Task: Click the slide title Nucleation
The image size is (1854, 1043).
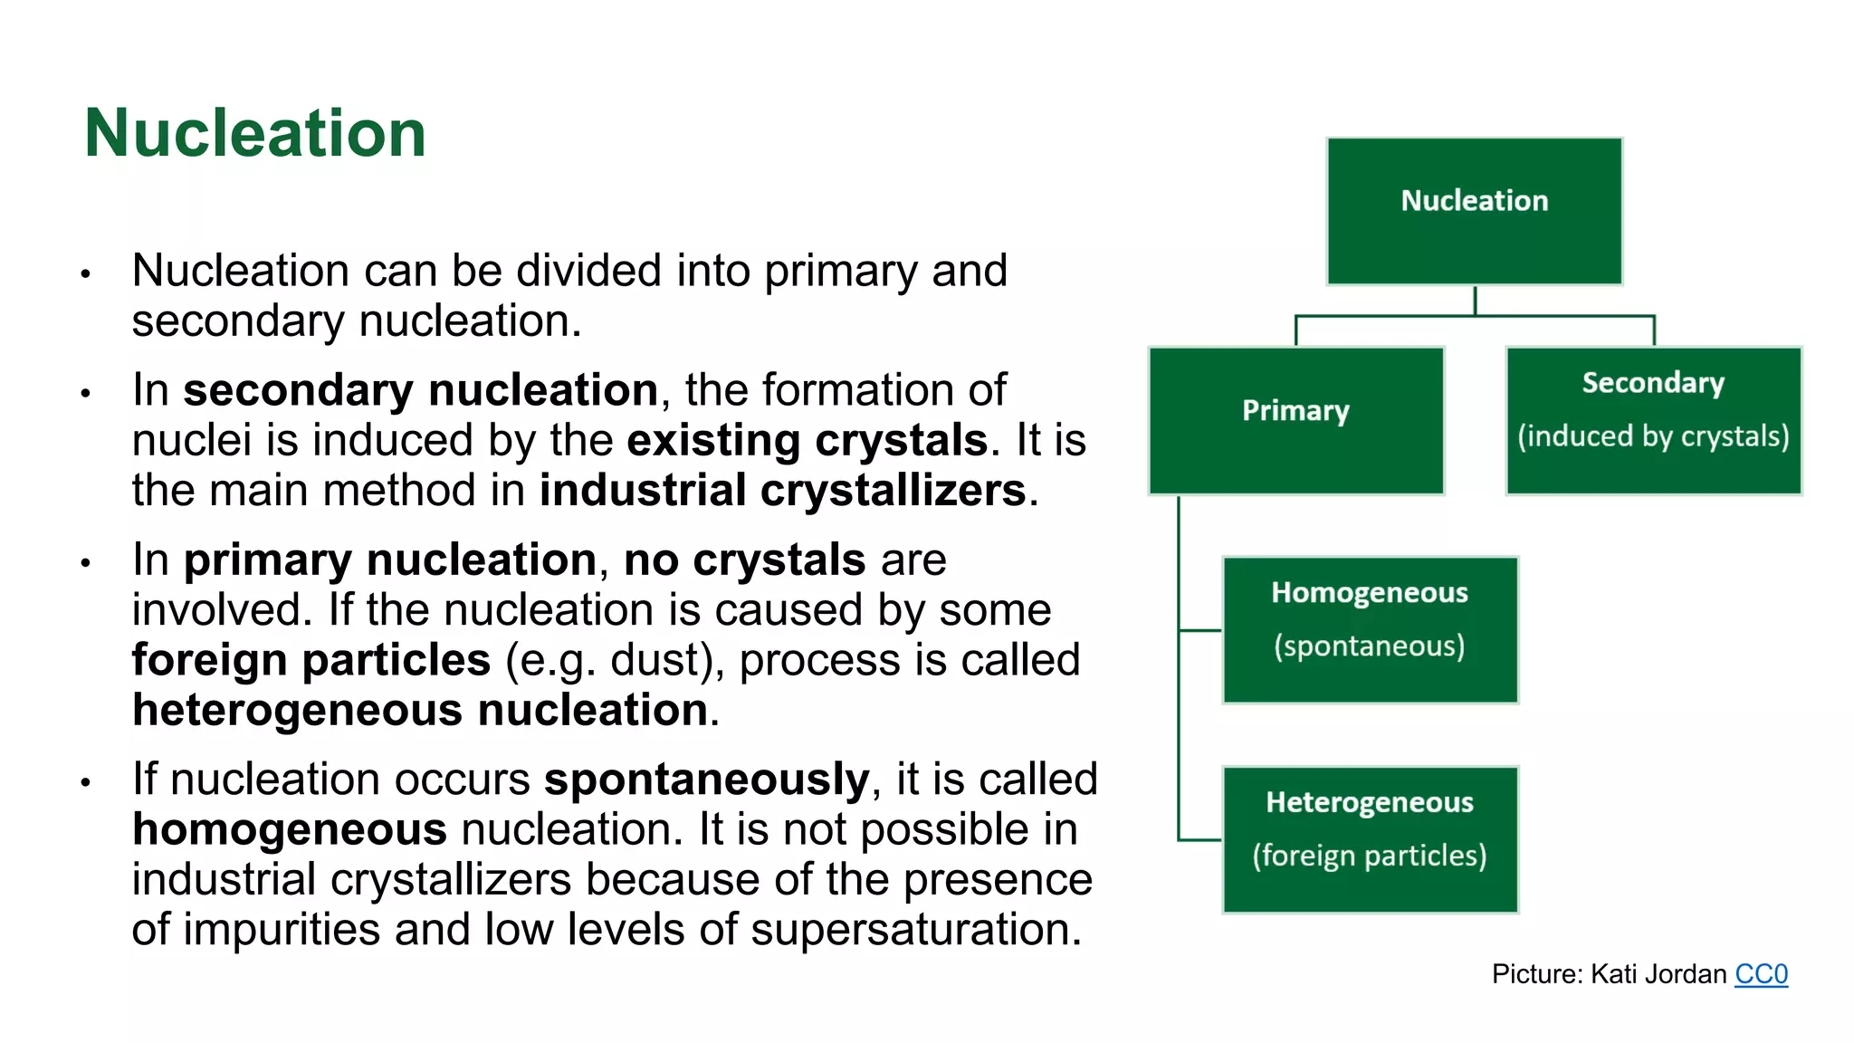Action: point(254,134)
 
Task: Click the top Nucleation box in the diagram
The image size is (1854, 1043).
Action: point(1474,211)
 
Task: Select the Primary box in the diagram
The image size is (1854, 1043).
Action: point(1295,420)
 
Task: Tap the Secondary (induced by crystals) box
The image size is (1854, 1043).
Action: point(1653,420)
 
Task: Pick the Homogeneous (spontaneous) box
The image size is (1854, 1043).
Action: point(1369,630)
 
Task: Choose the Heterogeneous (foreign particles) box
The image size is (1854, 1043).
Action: point(1369,839)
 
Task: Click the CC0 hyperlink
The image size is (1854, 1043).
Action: point(1761,974)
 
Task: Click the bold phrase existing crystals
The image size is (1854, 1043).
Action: point(807,441)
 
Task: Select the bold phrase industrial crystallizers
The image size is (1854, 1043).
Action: point(782,491)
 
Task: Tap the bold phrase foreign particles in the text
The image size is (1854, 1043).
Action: point(311,660)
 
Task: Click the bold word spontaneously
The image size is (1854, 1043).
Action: point(706,780)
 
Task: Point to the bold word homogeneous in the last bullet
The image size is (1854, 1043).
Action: point(290,829)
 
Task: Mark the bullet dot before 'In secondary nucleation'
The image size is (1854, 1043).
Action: point(86,393)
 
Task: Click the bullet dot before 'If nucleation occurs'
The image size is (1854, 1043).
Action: point(86,782)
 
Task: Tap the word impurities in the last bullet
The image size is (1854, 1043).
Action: point(282,930)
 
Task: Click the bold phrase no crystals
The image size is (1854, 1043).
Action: point(744,560)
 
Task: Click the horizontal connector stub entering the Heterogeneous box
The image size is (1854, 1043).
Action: point(1200,840)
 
